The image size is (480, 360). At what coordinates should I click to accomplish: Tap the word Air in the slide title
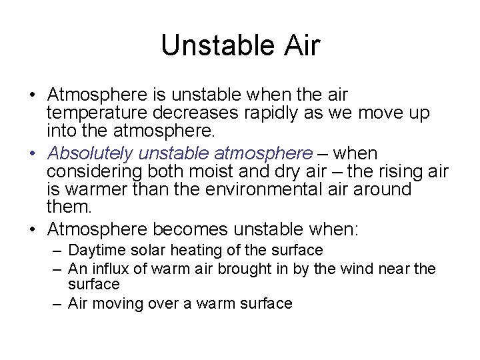[301, 46]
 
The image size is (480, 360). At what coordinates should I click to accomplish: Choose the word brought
[261, 269]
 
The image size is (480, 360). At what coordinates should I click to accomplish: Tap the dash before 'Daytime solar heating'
[59, 251]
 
